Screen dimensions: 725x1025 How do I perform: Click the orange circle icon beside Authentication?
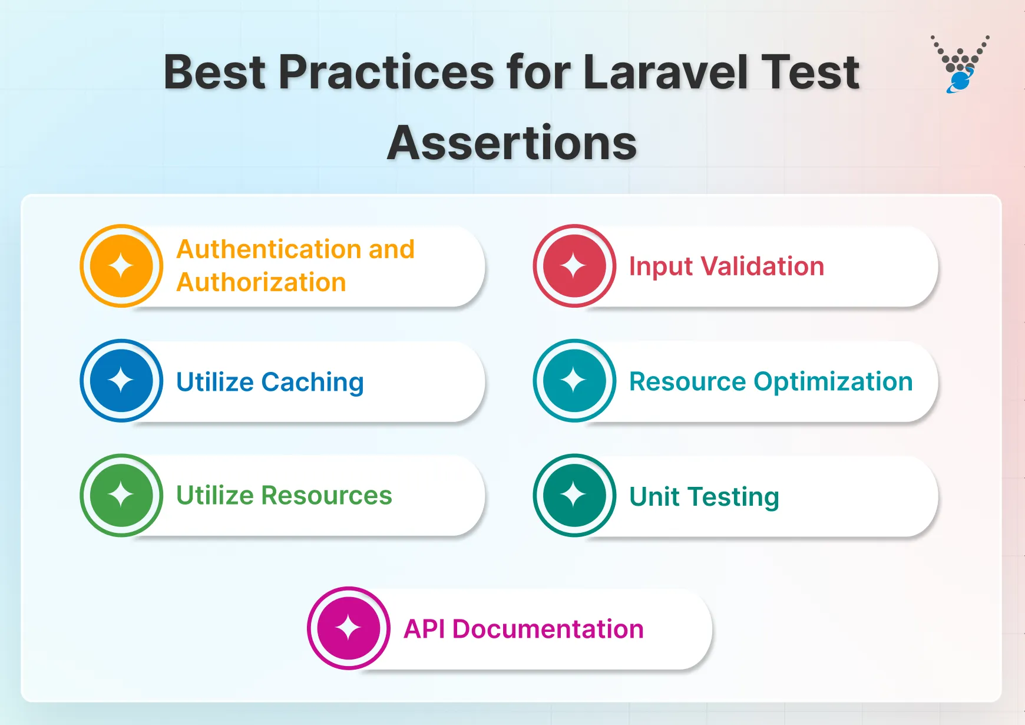pos(121,266)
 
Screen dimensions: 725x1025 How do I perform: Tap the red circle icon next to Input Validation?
pos(574,266)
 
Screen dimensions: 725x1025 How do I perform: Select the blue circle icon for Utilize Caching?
pos(121,381)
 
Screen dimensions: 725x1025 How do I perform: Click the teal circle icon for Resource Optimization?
pos(574,381)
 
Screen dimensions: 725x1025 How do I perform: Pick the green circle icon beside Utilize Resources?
pos(121,495)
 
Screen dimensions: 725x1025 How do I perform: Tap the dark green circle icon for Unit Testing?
pos(574,495)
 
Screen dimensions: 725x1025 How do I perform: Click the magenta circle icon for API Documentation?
pos(348,628)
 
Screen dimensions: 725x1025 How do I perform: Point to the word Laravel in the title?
pos(666,72)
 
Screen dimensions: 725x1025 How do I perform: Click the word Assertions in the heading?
pos(512,143)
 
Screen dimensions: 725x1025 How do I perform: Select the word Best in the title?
pos(214,72)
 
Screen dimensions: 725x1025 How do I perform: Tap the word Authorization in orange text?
pos(261,282)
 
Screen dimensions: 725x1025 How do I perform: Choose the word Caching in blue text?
pos(312,383)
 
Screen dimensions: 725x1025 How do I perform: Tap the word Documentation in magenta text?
pos(548,630)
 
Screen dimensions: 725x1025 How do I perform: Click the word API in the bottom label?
pos(424,630)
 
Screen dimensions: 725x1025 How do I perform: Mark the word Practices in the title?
pos(386,72)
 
